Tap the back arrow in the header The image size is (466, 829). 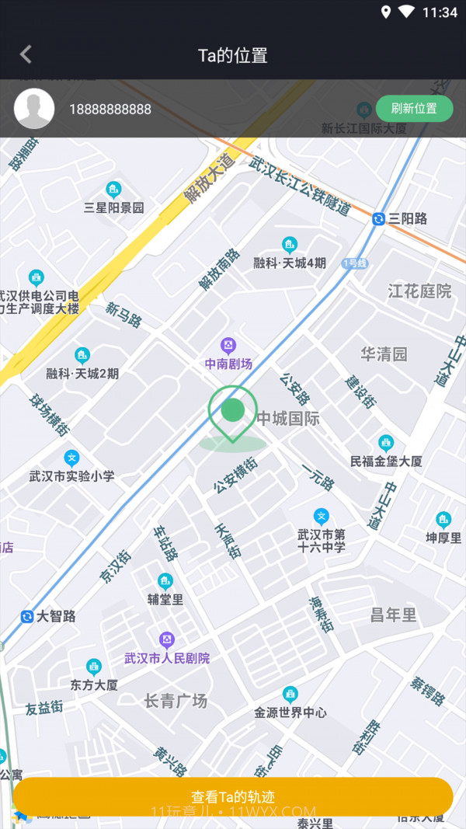pos(26,54)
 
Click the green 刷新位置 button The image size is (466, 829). pos(414,109)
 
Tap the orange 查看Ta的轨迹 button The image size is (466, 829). pos(233,796)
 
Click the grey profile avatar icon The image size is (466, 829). pos(34,109)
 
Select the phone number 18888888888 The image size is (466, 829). pos(110,110)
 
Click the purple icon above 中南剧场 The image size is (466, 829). pos(228,345)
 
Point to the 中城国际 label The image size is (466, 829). pos(288,419)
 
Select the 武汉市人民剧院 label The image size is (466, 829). pos(167,658)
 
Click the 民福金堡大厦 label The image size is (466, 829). pos(386,461)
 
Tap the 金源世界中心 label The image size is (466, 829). pos(290,712)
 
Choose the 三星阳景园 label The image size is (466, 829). pos(114,207)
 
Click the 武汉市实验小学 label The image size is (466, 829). pos(71,475)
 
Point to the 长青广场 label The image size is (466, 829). pos(176,701)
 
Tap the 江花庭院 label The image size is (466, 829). pos(419,291)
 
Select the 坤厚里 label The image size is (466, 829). pos(443,537)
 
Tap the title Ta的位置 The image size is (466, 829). pos(233,55)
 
